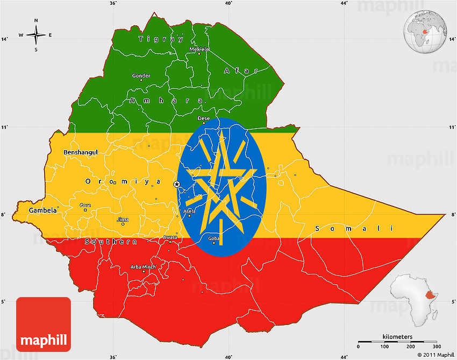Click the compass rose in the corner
(x=36, y=35)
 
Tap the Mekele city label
(x=199, y=50)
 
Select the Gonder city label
(x=141, y=76)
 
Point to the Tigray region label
(x=161, y=39)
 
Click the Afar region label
(x=241, y=70)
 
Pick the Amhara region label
(x=166, y=101)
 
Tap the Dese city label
(x=204, y=118)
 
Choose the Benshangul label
(x=81, y=152)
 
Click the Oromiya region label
(x=123, y=181)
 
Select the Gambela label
(x=43, y=210)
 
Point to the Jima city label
(x=123, y=220)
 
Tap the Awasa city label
(x=170, y=237)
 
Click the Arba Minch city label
(x=143, y=267)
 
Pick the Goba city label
(x=214, y=238)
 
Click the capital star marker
(x=177, y=184)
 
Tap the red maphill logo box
(x=44, y=324)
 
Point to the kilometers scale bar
(x=398, y=341)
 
